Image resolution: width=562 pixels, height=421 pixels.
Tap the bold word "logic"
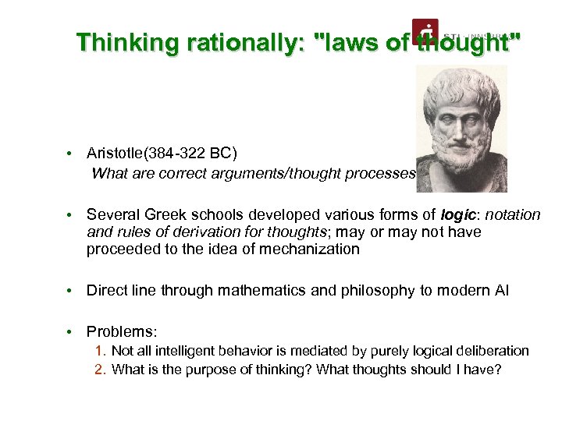[457, 214]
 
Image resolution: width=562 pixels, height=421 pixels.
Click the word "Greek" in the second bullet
[158, 214]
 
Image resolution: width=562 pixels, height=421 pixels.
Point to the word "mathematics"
[267, 291]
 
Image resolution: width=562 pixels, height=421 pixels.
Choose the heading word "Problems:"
[117, 331]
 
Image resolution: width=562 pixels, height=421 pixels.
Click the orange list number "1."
[101, 352]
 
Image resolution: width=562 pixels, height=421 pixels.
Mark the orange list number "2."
[101, 369]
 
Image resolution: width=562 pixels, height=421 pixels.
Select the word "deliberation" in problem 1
[492, 352]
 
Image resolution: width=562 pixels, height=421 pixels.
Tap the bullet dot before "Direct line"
[70, 291]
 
